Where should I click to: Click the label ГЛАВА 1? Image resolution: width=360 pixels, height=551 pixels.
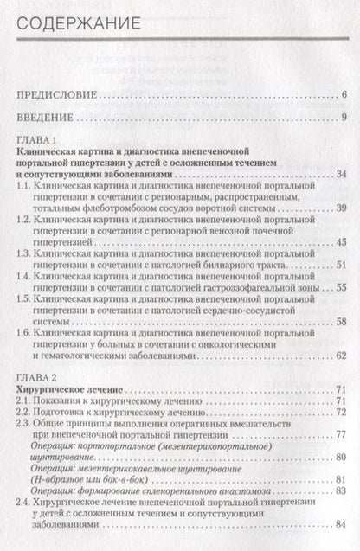[x=35, y=141]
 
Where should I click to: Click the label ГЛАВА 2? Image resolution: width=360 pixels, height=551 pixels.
[x=35, y=379]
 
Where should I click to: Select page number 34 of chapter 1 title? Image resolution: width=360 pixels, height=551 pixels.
[x=340, y=176]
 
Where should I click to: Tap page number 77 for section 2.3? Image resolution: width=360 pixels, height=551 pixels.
[x=340, y=439]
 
